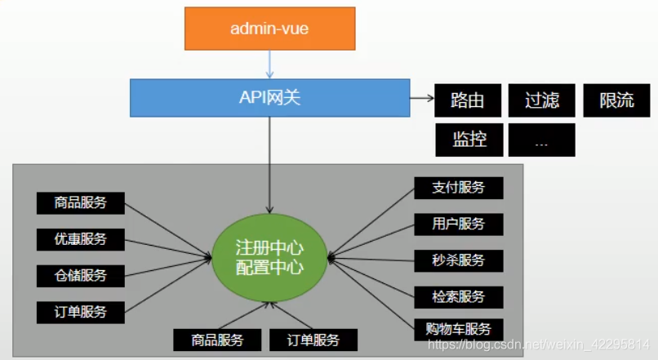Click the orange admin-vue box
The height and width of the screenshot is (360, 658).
click(269, 29)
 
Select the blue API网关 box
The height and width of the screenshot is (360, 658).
click(269, 98)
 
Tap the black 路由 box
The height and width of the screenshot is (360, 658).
click(467, 100)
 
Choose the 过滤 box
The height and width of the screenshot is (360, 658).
click(541, 100)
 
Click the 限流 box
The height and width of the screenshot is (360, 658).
click(616, 100)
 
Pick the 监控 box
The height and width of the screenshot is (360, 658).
click(467, 140)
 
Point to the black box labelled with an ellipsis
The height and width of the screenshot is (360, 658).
click(541, 140)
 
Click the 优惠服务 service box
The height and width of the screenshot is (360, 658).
click(82, 239)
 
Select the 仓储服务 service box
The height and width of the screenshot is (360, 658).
click(82, 275)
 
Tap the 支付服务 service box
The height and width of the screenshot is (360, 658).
click(458, 188)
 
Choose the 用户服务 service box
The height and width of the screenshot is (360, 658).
click(458, 224)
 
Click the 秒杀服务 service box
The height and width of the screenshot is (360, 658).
click(458, 260)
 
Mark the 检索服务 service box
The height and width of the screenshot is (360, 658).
click(458, 296)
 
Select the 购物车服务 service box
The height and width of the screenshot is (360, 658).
click(458, 330)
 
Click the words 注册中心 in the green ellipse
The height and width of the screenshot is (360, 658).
click(269, 247)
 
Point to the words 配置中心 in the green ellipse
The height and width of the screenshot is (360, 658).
click(269, 267)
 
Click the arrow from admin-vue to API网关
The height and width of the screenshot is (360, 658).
click(269, 64)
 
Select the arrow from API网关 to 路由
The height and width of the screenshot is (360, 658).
click(420, 99)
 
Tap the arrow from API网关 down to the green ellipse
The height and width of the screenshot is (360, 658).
click(269, 163)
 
